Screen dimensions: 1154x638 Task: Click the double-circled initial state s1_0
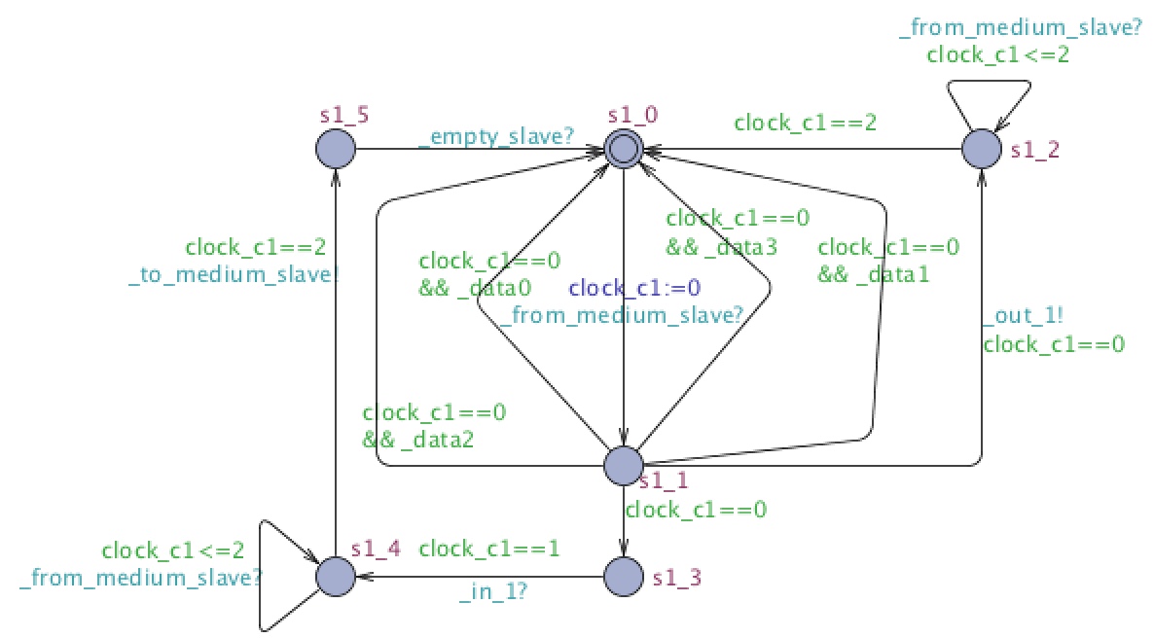(x=624, y=150)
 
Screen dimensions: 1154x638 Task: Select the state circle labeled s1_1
(x=624, y=465)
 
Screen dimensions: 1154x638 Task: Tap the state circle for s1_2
(x=982, y=150)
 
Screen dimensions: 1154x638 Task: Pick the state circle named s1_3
(x=624, y=576)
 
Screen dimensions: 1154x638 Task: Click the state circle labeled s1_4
(x=336, y=576)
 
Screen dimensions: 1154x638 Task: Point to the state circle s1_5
(x=336, y=150)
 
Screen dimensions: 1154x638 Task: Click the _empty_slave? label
(x=496, y=137)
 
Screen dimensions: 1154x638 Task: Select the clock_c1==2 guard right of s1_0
(x=805, y=123)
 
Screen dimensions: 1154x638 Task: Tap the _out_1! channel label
(x=1023, y=316)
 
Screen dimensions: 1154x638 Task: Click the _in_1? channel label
(x=493, y=591)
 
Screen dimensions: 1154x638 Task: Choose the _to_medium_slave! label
(x=234, y=274)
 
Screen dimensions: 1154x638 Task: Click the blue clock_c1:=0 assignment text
(x=634, y=288)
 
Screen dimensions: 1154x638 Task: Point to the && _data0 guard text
(x=475, y=288)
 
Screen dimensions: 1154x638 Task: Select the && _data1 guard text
(x=874, y=274)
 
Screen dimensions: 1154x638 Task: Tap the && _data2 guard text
(x=417, y=440)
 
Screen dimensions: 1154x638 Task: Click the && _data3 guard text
(x=721, y=246)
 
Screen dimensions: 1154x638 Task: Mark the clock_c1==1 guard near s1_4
(x=489, y=549)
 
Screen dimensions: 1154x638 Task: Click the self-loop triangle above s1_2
(x=989, y=104)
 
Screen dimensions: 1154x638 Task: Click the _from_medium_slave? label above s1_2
(x=1020, y=28)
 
